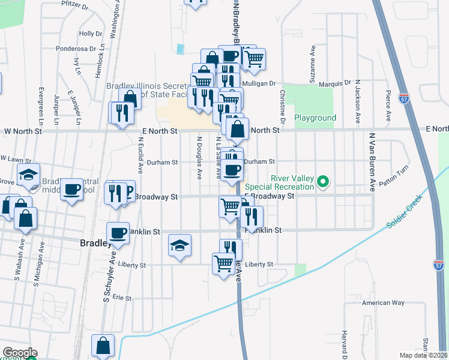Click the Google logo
point(20,353)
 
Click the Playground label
point(315,118)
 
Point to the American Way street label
point(383,303)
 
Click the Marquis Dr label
point(334,83)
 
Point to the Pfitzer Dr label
point(74,8)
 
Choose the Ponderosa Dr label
point(76,49)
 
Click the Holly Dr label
point(91,34)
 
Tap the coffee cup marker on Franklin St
point(118,233)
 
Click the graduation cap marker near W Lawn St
point(28,175)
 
